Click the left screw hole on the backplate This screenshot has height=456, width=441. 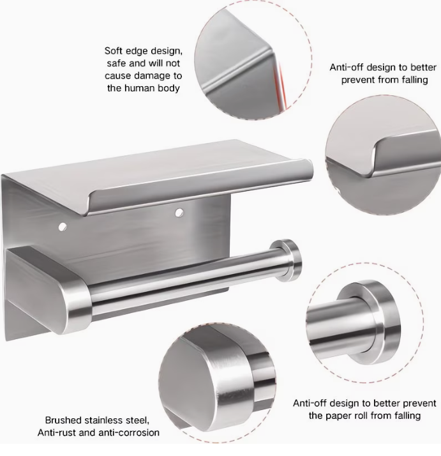pyautogui.click(x=63, y=227)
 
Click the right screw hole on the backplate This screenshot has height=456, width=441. pyautogui.click(x=179, y=213)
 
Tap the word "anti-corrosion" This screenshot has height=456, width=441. pyautogui.click(x=129, y=433)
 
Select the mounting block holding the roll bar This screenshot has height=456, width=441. pyautogui.click(x=47, y=288)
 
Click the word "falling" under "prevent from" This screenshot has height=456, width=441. pyautogui.click(x=414, y=80)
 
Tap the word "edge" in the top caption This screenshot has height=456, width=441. pyautogui.click(x=137, y=52)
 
